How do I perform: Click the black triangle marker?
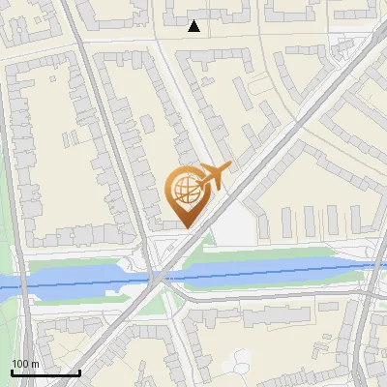pyautogui.click(x=194, y=26)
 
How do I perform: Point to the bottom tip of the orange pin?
pyautogui.click(x=186, y=227)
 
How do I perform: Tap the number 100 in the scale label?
pyautogui.click(x=19, y=364)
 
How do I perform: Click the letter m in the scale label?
pyautogui.click(x=35, y=364)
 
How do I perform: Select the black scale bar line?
pyautogui.click(x=45, y=372)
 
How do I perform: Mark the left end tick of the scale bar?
pyautogui.click(x=12, y=371)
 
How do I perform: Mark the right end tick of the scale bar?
pyautogui.click(x=78, y=371)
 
